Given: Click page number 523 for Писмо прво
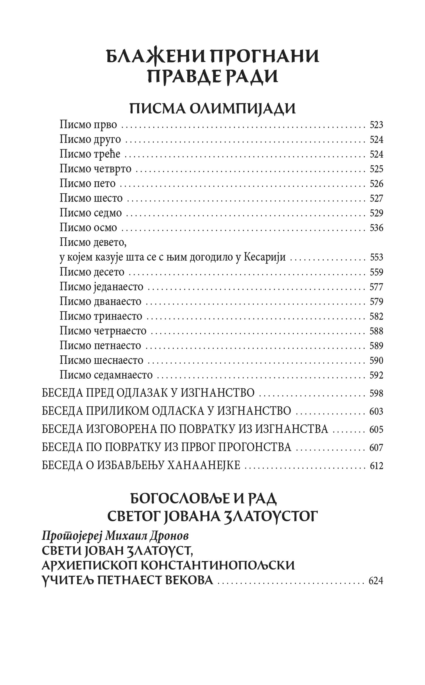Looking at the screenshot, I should [376, 125].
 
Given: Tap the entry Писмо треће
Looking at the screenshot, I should [90, 154].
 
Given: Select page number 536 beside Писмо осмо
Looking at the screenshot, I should [376, 228].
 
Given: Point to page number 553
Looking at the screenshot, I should [376, 257].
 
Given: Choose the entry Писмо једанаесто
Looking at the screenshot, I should [101, 287].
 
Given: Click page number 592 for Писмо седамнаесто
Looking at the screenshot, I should [376, 375].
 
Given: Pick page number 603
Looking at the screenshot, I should [376, 411].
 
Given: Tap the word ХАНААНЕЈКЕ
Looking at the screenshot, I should [204, 465].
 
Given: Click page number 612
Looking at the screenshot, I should [376, 466].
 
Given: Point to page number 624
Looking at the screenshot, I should [376, 581].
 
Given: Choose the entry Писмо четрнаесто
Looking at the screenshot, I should [103, 331].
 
